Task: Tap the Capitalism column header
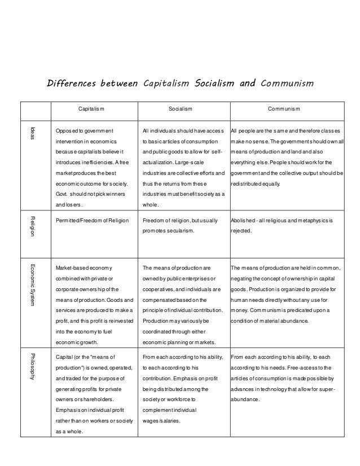tap(91, 108)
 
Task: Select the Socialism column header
tap(181, 108)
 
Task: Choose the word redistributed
tap(251, 184)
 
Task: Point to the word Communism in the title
tap(283, 85)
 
